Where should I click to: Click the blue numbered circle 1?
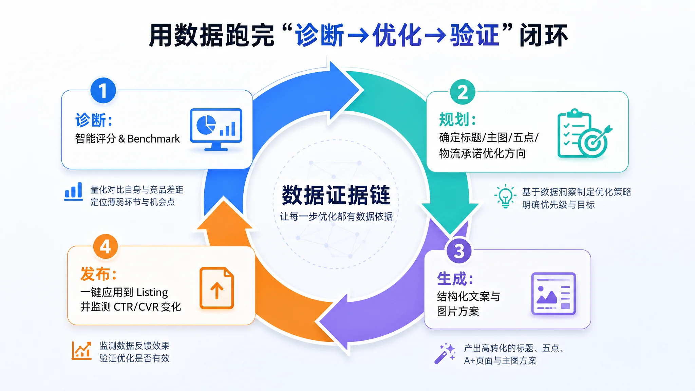(103, 91)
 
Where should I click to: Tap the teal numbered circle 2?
(463, 92)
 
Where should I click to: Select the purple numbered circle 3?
(459, 251)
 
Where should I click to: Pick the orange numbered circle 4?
(106, 247)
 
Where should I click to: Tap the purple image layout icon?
(553, 294)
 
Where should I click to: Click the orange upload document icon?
(217, 288)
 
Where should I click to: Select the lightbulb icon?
(505, 196)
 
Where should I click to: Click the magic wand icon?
(445, 353)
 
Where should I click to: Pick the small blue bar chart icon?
(74, 191)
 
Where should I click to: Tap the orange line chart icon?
(81, 351)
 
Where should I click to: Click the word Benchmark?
(154, 138)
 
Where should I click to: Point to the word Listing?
(152, 292)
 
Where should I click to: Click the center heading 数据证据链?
(336, 195)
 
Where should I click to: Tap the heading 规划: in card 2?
(457, 119)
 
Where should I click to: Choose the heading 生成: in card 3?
(455, 279)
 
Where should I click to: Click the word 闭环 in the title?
(544, 35)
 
